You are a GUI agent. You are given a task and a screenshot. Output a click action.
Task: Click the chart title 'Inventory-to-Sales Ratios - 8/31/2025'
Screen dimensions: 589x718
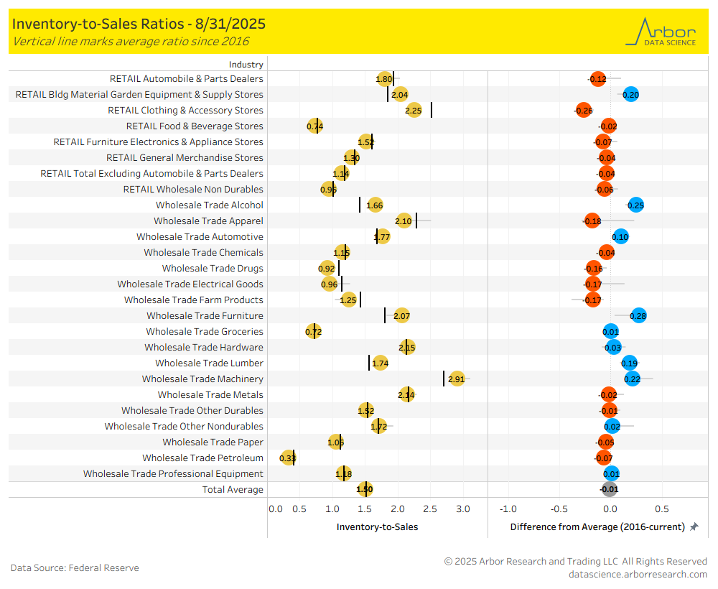(x=139, y=24)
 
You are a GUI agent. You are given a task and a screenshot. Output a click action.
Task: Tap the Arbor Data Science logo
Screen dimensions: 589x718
(x=660, y=32)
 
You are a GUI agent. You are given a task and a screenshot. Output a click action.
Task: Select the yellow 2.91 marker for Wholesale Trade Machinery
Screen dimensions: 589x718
(x=457, y=379)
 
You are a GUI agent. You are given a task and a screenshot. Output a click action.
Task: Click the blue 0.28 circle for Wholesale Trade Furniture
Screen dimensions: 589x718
(x=638, y=315)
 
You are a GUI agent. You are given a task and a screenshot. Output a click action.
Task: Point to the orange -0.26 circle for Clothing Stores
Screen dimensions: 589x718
(x=584, y=110)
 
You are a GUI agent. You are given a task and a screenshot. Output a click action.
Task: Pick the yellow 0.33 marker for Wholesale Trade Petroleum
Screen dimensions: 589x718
(x=288, y=458)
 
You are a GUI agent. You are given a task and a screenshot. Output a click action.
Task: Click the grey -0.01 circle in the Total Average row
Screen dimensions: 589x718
(x=609, y=489)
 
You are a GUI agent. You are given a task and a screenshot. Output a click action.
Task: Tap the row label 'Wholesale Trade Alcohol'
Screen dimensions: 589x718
(x=210, y=205)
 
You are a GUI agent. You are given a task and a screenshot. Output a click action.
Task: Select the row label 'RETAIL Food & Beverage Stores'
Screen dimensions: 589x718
(x=195, y=126)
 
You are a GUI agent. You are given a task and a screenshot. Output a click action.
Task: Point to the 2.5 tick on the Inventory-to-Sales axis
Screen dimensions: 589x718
(x=429, y=509)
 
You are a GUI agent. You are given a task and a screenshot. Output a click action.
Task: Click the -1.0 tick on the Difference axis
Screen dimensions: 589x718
(x=508, y=509)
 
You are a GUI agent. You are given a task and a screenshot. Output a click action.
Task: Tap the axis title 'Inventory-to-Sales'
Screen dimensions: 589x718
(x=377, y=527)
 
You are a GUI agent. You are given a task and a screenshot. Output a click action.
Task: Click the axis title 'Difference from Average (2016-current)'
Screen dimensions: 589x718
(x=597, y=527)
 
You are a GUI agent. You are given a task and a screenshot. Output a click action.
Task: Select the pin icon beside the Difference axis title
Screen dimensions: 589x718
(x=694, y=527)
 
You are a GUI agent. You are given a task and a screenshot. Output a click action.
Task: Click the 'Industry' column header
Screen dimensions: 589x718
(x=246, y=64)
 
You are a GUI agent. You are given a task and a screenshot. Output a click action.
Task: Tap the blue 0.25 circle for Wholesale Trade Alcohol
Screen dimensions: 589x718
(x=635, y=205)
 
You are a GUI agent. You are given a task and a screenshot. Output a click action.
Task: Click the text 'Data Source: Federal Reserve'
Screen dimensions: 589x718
(x=75, y=567)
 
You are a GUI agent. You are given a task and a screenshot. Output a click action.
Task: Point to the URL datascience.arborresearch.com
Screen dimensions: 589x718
(x=638, y=574)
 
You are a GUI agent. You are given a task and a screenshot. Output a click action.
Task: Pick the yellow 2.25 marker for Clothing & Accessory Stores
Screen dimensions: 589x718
(x=414, y=110)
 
